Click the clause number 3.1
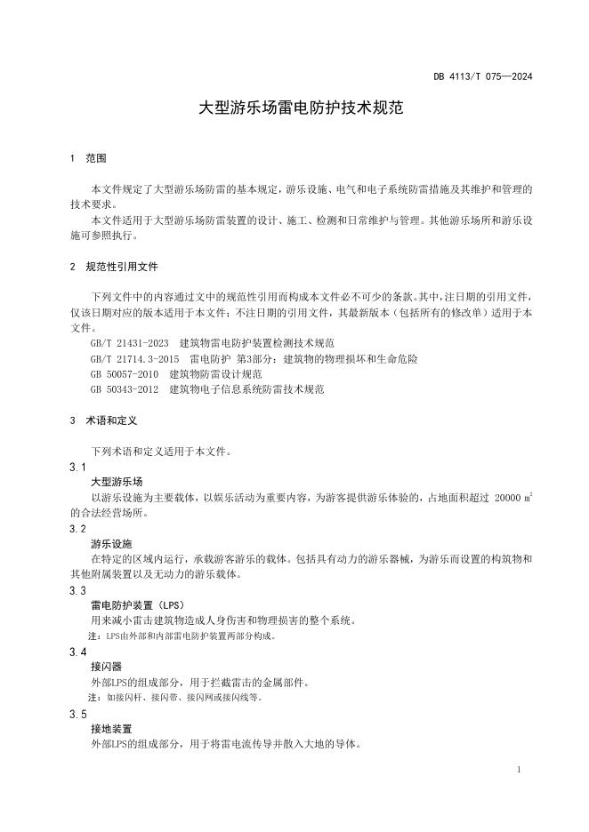pyautogui.click(x=77, y=468)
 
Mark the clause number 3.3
pyautogui.click(x=77, y=591)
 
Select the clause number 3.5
pyautogui.click(x=77, y=715)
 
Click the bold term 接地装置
pyautogui.click(x=111, y=729)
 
